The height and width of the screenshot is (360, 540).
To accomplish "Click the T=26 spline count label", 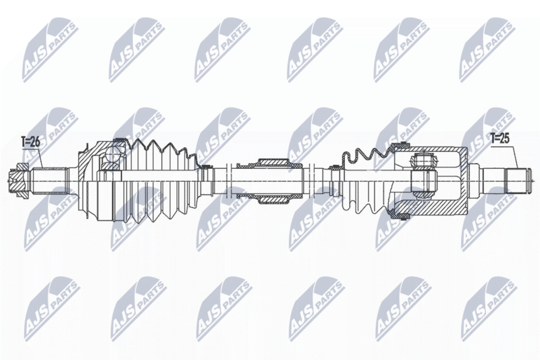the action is click(30, 142).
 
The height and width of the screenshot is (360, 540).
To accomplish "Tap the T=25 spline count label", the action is click(500, 139).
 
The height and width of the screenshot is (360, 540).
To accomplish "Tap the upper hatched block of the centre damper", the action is click(273, 163).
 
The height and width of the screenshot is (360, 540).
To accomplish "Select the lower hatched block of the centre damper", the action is click(273, 199).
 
